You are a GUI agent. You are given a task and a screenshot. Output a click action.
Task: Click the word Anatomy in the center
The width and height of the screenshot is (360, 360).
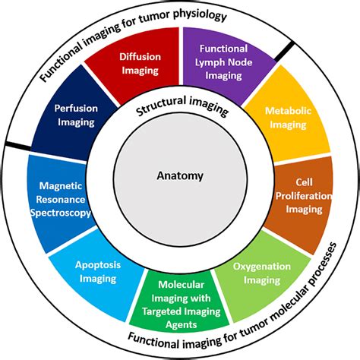(180, 176)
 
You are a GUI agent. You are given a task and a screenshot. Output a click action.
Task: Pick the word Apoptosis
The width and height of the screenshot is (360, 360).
(96, 266)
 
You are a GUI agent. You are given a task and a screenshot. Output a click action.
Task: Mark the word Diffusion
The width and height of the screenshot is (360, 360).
(139, 57)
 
